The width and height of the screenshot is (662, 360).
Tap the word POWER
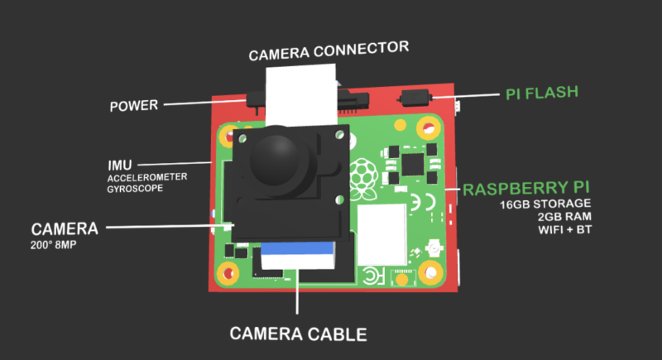click(135, 106)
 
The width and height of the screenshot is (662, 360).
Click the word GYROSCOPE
click(135, 189)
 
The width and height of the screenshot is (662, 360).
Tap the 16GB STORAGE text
click(545, 204)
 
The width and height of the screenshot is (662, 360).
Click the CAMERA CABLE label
click(298, 334)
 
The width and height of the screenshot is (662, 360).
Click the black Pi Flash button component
click(415, 97)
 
